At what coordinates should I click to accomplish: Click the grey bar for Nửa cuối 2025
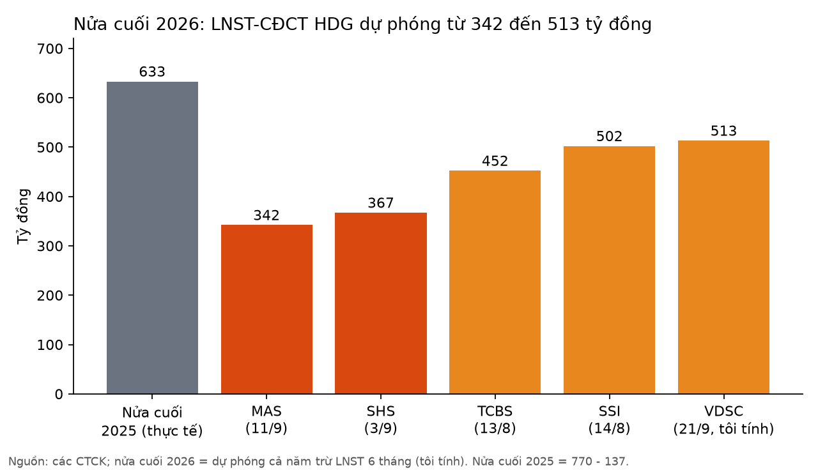152,238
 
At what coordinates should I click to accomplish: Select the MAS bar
266,310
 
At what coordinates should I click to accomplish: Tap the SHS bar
381,303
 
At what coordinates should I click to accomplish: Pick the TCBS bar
495,282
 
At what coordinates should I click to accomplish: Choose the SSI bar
609,270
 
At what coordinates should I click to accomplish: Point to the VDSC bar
724,267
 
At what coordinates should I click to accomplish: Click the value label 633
152,72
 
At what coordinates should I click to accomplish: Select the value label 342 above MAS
266,215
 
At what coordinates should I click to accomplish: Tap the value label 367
381,203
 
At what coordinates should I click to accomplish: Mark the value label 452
495,161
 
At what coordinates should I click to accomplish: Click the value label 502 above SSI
609,137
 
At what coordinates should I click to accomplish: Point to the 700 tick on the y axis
50,49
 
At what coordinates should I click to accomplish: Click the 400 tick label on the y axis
50,197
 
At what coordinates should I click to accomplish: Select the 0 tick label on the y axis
59,394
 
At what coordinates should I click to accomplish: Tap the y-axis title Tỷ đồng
22,216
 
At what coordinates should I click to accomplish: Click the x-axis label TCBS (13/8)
495,420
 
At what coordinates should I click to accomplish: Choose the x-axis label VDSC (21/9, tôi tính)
724,420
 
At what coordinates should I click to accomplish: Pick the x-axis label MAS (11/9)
266,420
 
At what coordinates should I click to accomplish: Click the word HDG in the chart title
334,24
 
